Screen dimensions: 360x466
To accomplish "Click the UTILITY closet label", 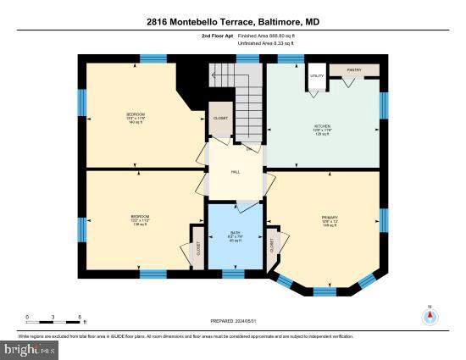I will click(316, 76).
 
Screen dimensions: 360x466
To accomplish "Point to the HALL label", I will click(236, 172).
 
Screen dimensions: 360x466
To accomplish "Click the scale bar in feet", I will click(54, 317).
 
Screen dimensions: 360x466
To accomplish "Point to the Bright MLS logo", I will click(30, 348).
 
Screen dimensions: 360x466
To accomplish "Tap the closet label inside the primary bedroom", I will click(273, 245).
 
